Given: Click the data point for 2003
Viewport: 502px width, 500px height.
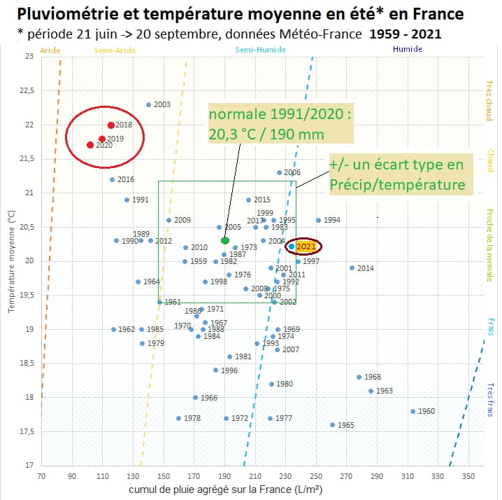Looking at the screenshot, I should click(x=148, y=105).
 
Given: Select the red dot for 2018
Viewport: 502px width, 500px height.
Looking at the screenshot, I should click(x=111, y=125).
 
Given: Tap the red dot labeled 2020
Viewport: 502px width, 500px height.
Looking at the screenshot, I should click(x=89, y=145).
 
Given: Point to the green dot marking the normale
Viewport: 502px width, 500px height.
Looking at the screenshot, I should click(x=225, y=240).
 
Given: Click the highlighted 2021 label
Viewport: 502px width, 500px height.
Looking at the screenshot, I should click(x=306, y=246).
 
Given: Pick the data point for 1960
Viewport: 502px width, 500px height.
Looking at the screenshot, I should click(x=413, y=411).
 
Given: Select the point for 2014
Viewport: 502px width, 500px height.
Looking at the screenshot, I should click(x=352, y=268).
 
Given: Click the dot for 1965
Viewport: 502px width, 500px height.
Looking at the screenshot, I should click(x=332, y=424).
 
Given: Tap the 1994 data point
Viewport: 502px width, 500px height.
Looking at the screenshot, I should click(x=318, y=220).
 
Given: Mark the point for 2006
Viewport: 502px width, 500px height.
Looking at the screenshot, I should click(x=279, y=172).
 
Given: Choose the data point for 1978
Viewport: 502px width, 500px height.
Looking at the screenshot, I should click(x=178, y=418).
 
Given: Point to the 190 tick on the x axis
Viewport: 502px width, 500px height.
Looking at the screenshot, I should click(x=224, y=476).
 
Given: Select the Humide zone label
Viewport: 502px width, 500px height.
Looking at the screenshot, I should click(x=408, y=50).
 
